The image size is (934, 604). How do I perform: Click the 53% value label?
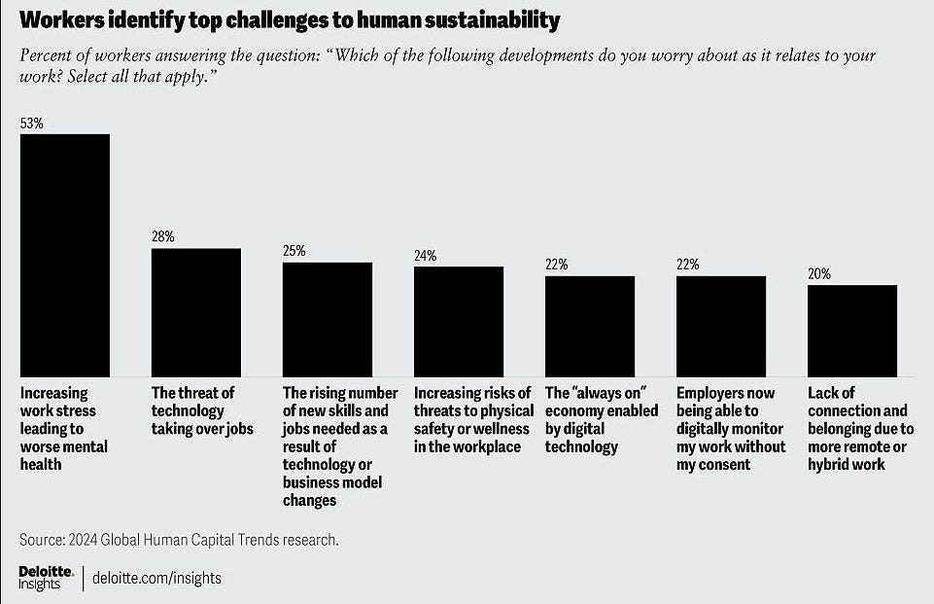[x=31, y=124]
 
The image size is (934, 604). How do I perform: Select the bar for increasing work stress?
[x=65, y=255]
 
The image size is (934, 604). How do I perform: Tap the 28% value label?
[x=162, y=236]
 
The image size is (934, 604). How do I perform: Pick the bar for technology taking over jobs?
[x=196, y=312]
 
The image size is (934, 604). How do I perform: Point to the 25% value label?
[x=294, y=251]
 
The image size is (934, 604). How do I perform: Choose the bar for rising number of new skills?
[x=328, y=320]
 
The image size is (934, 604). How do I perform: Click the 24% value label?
[x=426, y=256]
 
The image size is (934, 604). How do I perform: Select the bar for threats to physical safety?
[x=459, y=321]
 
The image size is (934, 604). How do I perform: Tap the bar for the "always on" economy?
[x=590, y=326]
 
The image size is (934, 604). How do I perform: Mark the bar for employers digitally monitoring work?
[x=721, y=326]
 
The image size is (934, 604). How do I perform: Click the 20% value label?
[x=819, y=273]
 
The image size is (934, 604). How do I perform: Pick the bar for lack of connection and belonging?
[x=852, y=331]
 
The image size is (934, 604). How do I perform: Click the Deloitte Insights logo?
[x=47, y=578]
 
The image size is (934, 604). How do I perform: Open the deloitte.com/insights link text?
[x=156, y=578]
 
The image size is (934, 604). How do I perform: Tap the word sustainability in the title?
[x=492, y=20]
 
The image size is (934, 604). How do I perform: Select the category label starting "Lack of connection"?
[x=861, y=429]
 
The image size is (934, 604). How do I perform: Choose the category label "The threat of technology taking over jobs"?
[x=202, y=410]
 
